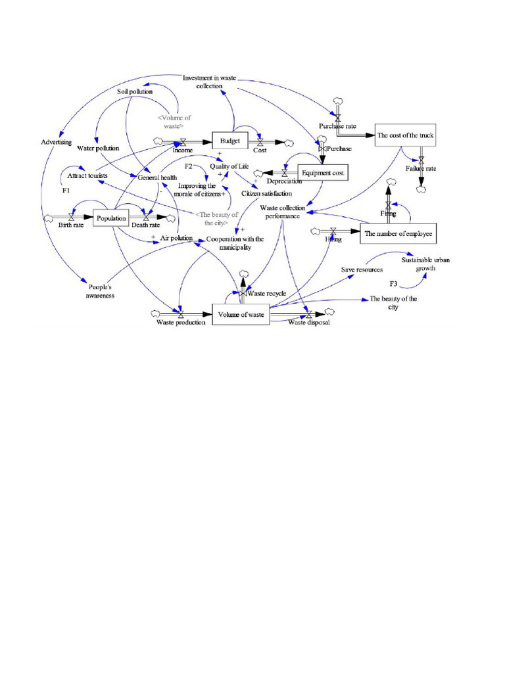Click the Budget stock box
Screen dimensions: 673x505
pos(230,140)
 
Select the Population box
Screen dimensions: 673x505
pos(110,218)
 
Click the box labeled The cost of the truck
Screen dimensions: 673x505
pos(405,136)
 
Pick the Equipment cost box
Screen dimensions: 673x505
pos(322,173)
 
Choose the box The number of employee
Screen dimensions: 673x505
pos(398,233)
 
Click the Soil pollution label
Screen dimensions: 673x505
pos(134,91)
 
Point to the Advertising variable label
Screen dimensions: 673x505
pos(56,142)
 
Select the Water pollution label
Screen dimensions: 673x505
pos(98,149)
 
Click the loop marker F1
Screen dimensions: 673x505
pos(66,191)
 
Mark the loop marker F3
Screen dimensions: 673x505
pos(393,283)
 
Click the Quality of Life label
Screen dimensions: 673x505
pos(229,166)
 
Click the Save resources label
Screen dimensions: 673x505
pos(362,269)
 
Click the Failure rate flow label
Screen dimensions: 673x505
pos(421,168)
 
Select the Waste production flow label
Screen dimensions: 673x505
pos(181,322)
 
